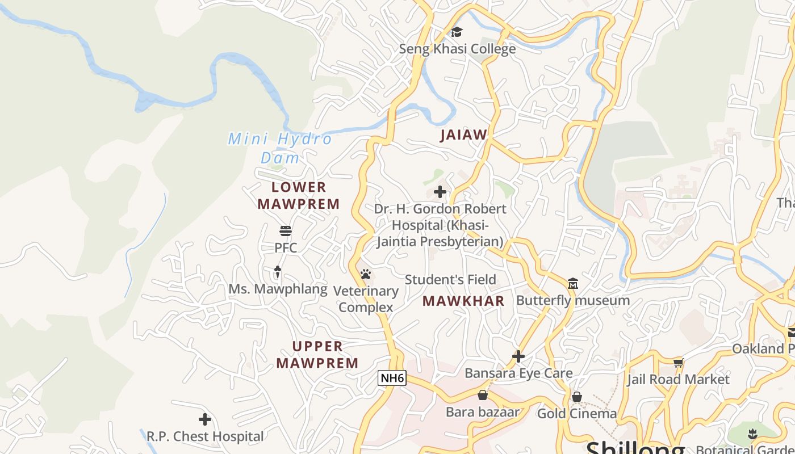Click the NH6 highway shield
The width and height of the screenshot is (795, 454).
tap(392, 378)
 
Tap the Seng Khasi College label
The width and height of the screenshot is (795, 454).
tap(457, 49)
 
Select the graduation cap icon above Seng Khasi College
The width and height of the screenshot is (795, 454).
tap(457, 32)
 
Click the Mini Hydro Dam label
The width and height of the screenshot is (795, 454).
tap(280, 148)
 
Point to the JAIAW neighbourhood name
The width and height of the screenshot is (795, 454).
tap(464, 134)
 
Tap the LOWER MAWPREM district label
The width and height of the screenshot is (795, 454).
tap(299, 195)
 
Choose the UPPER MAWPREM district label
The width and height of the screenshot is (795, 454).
tap(317, 354)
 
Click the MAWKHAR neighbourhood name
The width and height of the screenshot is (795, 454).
tap(463, 301)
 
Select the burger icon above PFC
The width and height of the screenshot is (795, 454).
tap(286, 231)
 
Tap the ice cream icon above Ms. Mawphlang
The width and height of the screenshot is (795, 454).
tap(278, 272)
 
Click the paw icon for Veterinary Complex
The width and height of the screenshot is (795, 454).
tap(366, 275)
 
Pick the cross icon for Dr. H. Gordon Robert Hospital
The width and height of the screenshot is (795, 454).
tap(440, 192)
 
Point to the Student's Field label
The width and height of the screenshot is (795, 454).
tap(450, 280)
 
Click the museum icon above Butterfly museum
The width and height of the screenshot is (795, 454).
tap(573, 283)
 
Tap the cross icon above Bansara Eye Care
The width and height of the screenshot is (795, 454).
tap(518, 356)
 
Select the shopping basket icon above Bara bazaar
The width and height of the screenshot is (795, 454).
tap(483, 395)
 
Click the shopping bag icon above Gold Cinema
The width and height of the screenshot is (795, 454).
tap(577, 397)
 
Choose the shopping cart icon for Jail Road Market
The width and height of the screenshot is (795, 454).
tap(678, 363)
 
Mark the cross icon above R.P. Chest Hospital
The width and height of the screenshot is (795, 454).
tap(205, 419)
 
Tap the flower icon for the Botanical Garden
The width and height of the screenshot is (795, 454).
tap(753, 434)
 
